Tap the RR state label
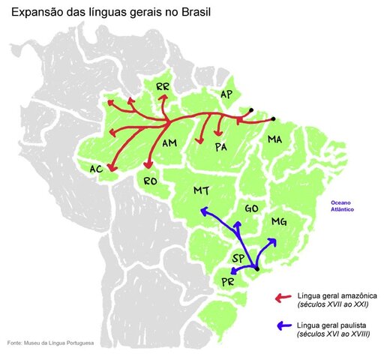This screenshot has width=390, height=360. click(x=163, y=88)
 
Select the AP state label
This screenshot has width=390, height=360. click(x=226, y=94)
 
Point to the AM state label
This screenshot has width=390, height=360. click(x=169, y=142)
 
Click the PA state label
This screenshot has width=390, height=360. click(x=220, y=147)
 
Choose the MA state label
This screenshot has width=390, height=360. click(x=274, y=140)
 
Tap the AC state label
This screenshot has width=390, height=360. click(x=96, y=169)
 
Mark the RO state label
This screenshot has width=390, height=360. click(x=150, y=181)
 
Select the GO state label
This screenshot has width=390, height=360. click(x=252, y=208)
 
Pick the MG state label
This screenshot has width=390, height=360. click(x=279, y=222)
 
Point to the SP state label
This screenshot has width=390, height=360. click(x=238, y=258)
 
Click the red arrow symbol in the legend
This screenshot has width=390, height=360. click(x=283, y=298)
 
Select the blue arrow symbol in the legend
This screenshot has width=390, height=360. click(x=283, y=326)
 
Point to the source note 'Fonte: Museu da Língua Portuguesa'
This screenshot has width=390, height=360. click(x=50, y=343)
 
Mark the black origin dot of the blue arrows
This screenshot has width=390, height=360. click(x=256, y=268)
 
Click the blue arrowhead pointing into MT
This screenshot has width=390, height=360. click(x=203, y=212)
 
